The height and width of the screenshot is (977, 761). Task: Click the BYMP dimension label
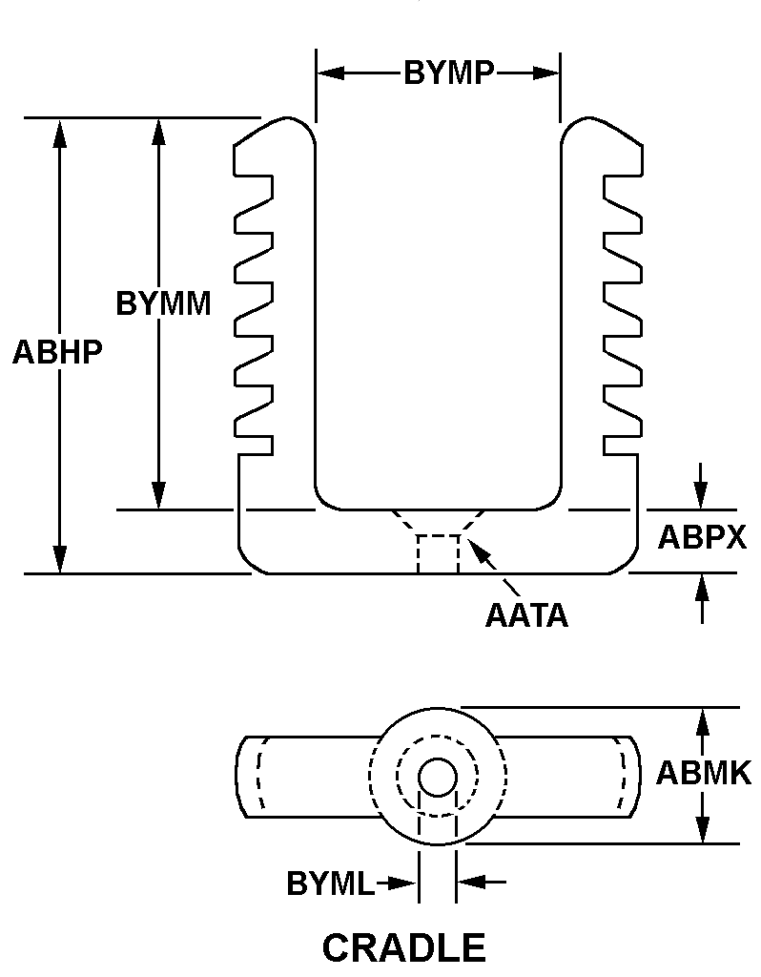pos(448,73)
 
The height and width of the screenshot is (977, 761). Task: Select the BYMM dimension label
pos(163,303)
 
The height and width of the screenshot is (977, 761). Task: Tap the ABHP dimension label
pos(57,352)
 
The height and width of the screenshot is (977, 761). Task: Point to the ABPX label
pos(702,538)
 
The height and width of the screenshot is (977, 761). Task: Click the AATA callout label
pos(526,615)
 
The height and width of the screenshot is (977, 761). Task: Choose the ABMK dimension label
pos(704,773)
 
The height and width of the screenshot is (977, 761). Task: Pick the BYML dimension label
pos(331,884)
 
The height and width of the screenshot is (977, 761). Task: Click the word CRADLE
pos(404,948)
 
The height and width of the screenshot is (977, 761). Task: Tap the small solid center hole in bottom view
pos(438,778)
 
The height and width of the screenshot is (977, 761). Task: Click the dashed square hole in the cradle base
pos(438,553)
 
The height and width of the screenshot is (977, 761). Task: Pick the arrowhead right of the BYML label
pos(468,883)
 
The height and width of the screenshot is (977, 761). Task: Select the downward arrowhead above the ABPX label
pos(702,497)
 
